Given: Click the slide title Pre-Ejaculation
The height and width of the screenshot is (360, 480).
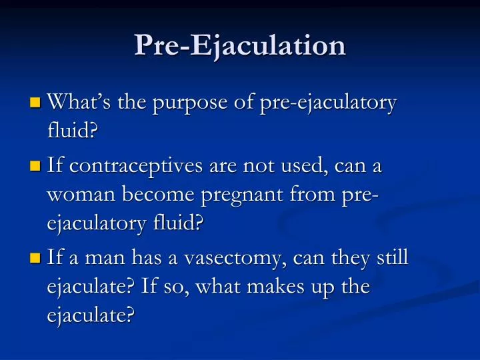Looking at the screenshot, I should [x=240, y=45].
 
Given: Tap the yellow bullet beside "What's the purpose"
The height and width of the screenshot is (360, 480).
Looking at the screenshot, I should [x=35, y=103].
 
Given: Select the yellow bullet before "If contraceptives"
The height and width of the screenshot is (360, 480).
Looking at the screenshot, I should [x=35, y=167].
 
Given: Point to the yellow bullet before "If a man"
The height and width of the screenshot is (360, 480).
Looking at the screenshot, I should [x=35, y=257].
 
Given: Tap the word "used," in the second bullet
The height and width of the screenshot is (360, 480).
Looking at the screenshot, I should [x=307, y=167].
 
